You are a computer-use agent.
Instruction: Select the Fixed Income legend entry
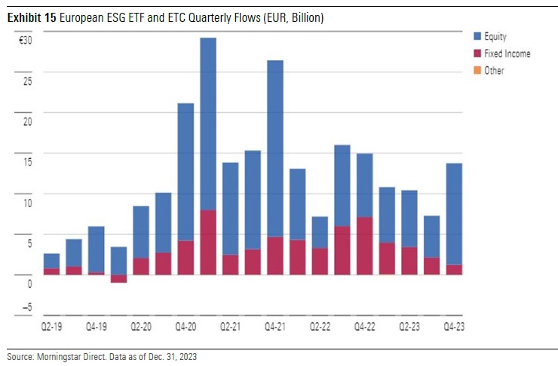507,53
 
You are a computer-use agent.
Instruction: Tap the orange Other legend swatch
477,71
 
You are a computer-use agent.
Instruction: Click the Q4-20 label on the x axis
185,328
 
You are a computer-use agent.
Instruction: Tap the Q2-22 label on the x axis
320,328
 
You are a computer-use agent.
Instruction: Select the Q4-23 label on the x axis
454,328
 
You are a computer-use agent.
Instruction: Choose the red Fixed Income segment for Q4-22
364,246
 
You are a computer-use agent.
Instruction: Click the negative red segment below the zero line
118,278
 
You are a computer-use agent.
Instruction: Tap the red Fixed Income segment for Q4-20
185,258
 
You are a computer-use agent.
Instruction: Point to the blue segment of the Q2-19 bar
51,261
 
